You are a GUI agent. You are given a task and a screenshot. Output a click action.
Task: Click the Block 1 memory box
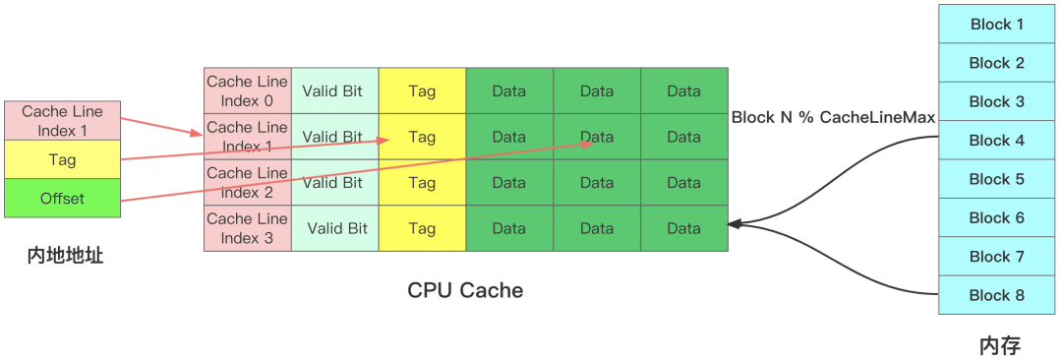tap(996, 25)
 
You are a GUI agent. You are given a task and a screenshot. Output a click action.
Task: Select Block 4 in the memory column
tap(996, 141)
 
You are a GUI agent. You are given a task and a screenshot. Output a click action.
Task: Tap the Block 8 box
tap(996, 295)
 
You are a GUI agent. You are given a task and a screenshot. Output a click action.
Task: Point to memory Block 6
tap(996, 217)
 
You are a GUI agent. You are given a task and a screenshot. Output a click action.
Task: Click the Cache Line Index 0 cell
tap(248, 90)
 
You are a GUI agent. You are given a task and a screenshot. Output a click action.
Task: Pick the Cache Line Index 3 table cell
tap(248, 228)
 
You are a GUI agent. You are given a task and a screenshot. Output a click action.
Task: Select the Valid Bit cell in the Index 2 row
tap(335, 182)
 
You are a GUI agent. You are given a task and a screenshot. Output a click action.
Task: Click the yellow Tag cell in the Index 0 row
tap(423, 90)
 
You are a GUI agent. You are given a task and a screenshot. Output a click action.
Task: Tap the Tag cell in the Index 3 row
tap(423, 228)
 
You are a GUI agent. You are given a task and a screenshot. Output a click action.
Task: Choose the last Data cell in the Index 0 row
tap(684, 90)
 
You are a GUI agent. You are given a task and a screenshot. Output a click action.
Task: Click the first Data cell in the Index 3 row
tap(509, 228)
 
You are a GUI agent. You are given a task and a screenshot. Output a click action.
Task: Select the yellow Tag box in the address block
tap(62, 160)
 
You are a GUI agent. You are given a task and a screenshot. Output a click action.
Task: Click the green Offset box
tap(62, 198)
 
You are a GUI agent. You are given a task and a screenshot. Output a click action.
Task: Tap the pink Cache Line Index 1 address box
tap(62, 121)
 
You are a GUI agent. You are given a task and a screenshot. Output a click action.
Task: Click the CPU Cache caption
tap(465, 290)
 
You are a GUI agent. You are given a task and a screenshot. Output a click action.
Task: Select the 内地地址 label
tap(66, 256)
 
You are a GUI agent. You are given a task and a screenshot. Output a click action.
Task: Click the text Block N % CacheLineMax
tap(833, 117)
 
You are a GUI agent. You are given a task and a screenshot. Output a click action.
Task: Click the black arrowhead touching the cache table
tap(735, 223)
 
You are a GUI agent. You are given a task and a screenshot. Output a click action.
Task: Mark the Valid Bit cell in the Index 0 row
tap(335, 90)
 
